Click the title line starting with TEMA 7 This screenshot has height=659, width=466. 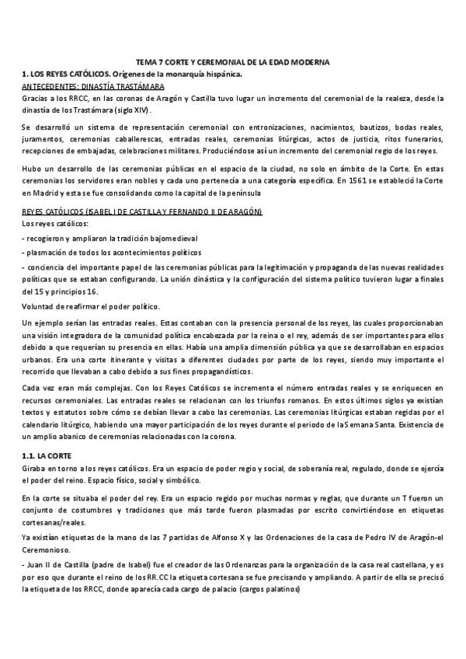[232, 61]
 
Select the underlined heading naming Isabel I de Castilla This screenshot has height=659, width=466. [141, 211]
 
